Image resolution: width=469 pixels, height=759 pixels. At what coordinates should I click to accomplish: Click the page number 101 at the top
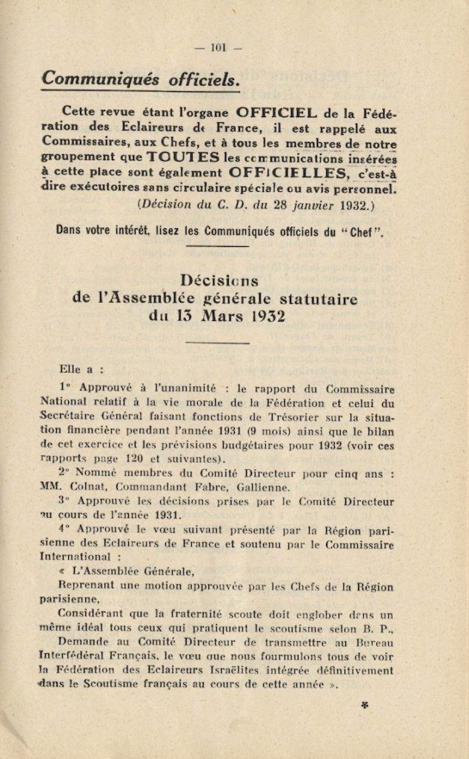tap(217, 48)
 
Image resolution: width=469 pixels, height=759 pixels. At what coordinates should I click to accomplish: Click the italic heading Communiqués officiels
tap(140, 78)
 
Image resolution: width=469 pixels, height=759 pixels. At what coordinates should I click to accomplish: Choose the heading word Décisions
tap(220, 281)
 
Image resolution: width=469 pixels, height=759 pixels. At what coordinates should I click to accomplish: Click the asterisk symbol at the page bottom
tap(365, 706)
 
